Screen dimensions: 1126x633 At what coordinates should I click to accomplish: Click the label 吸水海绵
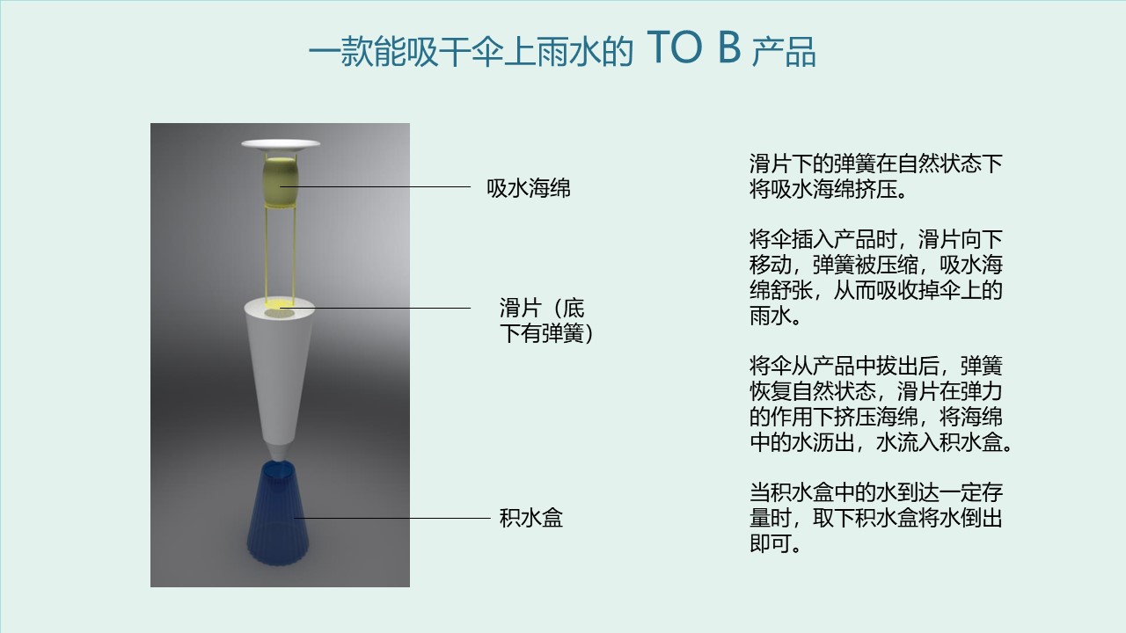529,188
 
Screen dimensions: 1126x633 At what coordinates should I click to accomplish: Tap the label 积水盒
530,518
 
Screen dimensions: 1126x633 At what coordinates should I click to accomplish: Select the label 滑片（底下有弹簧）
546,321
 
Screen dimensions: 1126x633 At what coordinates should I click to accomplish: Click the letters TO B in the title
694,47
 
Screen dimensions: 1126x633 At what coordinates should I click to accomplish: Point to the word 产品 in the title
784,51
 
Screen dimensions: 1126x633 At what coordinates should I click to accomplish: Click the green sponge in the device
281,181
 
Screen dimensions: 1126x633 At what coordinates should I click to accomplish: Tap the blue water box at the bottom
277,514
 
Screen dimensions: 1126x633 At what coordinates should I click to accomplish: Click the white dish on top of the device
281,144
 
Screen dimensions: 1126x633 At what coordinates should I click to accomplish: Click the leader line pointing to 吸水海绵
375,187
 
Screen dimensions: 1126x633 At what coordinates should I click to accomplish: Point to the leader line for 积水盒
392,518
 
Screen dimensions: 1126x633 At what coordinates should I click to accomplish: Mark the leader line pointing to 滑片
375,308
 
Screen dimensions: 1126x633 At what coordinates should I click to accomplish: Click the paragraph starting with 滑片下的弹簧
875,177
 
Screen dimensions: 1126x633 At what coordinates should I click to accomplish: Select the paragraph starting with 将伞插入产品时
875,277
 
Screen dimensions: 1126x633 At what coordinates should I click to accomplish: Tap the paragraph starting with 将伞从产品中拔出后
881,404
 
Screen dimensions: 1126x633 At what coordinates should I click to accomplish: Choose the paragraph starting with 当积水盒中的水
875,518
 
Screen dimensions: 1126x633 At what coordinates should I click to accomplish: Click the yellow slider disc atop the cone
280,304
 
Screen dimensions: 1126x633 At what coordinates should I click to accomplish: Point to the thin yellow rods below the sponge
280,254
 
